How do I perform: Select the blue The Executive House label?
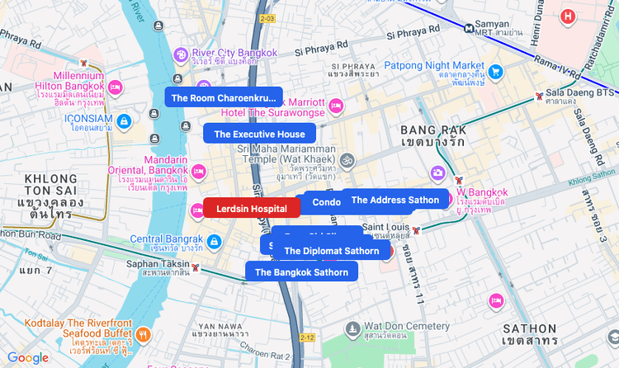click(x=259, y=134)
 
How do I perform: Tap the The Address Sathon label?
click(x=395, y=200)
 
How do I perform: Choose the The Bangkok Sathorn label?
click(x=301, y=271)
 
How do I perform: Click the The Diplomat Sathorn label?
click(x=331, y=251)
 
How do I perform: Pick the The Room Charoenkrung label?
click(x=224, y=97)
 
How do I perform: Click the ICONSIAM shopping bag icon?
click(x=124, y=121)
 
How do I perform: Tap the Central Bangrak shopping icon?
click(x=214, y=242)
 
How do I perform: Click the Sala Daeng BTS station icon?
click(x=539, y=96)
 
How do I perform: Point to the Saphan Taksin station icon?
click(x=196, y=267)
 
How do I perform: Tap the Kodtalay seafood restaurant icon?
click(x=144, y=334)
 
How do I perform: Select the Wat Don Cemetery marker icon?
click(x=352, y=329)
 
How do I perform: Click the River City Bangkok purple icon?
click(x=181, y=54)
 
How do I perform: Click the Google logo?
click(x=28, y=357)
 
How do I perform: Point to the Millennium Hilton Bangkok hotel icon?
click(x=116, y=86)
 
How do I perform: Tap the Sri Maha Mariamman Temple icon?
click(x=347, y=159)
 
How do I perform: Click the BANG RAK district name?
click(x=433, y=130)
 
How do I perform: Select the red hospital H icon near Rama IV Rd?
click(x=567, y=16)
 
